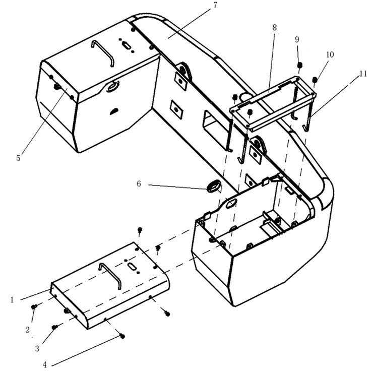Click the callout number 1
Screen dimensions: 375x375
12,300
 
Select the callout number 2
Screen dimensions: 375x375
28,330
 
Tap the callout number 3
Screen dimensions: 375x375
37,348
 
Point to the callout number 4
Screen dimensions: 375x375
45,364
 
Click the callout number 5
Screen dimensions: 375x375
19,158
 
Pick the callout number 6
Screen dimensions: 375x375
139,183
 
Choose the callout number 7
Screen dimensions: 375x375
215,5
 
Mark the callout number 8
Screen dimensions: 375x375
275,28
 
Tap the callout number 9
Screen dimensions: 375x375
297,39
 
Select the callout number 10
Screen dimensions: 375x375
330,54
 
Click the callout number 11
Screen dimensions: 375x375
363,74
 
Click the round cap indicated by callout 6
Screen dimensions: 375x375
213,185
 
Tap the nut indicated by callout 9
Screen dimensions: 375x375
299,65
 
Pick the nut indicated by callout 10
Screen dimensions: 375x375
315,80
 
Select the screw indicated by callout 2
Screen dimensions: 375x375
34,306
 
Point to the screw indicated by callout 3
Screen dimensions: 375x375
55,327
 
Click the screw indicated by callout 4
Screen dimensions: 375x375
122,336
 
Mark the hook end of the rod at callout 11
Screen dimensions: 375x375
307,129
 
